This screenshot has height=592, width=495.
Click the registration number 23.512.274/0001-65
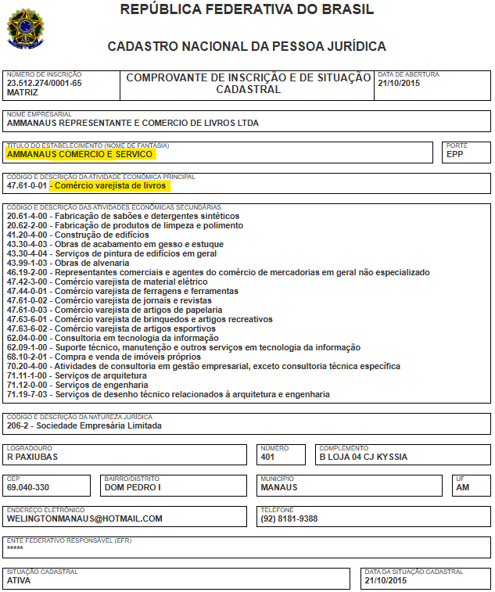[44, 83]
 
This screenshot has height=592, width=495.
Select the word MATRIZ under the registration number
[22, 92]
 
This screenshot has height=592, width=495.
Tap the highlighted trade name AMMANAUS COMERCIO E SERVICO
[80, 155]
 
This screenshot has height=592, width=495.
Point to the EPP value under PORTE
[454, 155]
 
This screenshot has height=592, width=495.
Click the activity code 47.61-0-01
[27, 186]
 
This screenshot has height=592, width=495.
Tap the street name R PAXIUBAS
[32, 457]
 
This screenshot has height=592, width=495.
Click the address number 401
[268, 457]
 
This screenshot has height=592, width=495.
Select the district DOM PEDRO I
[133, 487]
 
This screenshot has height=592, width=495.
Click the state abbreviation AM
[463, 487]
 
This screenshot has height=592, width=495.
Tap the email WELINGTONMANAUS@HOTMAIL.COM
[84, 518]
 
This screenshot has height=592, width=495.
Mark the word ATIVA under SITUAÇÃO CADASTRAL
[19, 581]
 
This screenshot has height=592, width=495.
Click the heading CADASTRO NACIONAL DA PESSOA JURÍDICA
[247, 47]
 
